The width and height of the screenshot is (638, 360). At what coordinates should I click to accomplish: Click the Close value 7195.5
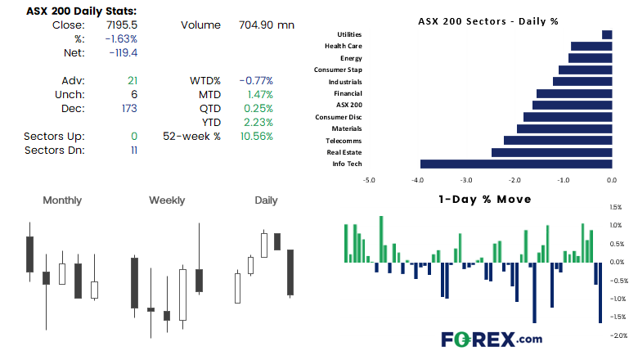point(122,25)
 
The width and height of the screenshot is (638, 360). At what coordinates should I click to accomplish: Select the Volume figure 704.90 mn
point(267,25)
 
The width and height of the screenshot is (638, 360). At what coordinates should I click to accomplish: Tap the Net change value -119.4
point(124,53)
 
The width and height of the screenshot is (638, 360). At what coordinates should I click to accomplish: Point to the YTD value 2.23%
point(258,123)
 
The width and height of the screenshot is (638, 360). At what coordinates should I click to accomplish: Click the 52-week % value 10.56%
point(257,137)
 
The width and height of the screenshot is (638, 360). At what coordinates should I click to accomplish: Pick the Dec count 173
point(129,109)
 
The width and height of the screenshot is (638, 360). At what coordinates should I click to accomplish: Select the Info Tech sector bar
point(516,164)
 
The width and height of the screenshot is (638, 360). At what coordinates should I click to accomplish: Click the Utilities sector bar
point(607,34)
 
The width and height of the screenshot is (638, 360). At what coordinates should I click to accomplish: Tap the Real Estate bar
point(552,152)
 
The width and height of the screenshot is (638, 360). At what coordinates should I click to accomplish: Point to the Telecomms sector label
point(344,141)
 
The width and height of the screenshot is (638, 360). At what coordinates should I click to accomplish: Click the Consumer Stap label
point(338,70)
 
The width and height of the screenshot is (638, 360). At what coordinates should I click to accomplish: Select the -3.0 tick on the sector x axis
point(466,180)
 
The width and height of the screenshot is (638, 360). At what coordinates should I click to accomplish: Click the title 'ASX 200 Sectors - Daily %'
point(488,21)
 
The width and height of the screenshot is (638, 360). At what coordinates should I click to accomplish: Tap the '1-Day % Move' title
point(485,200)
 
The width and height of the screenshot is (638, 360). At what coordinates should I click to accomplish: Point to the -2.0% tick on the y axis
point(618,335)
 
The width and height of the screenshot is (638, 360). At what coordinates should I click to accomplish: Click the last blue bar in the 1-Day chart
point(600,292)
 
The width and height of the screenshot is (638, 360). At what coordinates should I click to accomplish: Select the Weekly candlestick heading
point(167,200)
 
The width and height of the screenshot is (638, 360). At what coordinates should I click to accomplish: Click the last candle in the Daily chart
point(290,272)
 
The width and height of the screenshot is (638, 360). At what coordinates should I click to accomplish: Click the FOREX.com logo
point(492,340)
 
